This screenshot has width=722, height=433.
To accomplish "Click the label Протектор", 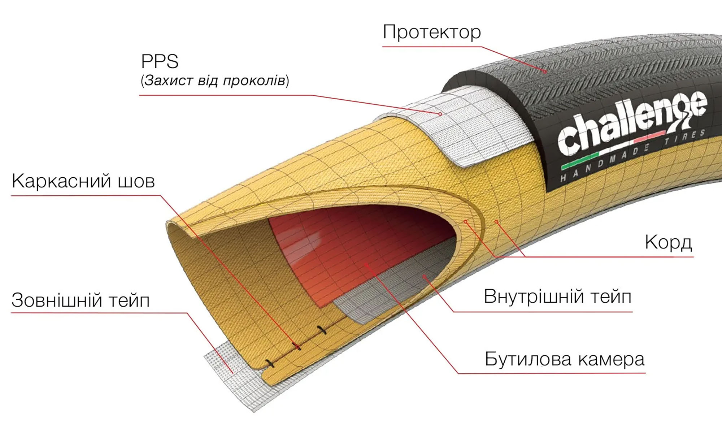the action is point(432,33).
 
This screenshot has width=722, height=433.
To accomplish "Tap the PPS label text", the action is point(160,61).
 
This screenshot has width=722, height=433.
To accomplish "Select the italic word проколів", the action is point(254,81).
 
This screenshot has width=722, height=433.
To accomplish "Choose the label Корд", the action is point(668,243).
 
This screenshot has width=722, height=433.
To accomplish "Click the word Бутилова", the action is point(528,359).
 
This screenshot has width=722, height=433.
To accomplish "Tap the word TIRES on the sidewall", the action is point(685,137).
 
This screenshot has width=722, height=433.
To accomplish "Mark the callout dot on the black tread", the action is point(545,72).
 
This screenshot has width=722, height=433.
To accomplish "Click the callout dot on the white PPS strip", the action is point(440,114).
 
